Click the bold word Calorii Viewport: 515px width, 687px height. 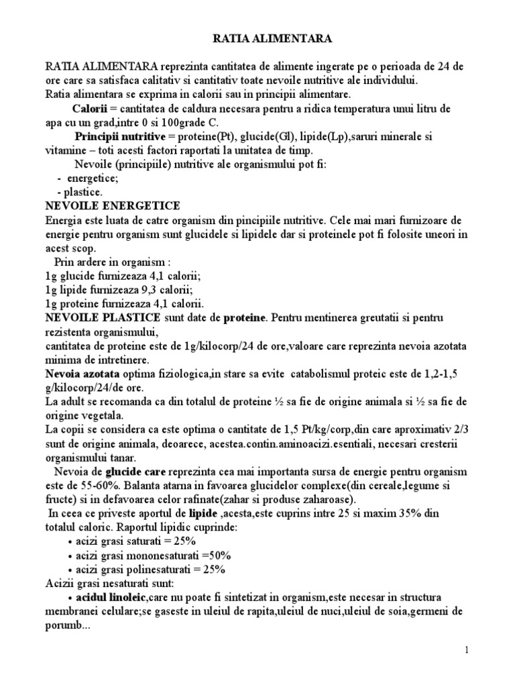click(91, 109)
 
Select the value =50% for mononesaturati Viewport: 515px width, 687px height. click(217, 555)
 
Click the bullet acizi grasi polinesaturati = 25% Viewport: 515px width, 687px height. click(151, 569)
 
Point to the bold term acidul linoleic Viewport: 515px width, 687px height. click(108, 597)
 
